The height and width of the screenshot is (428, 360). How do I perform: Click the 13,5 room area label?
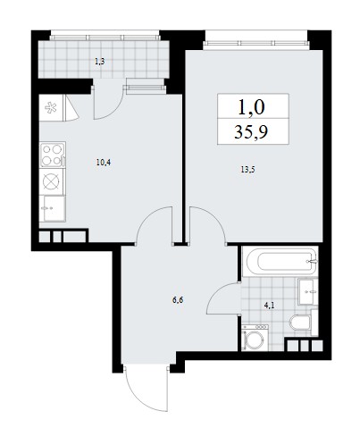pos(247,170)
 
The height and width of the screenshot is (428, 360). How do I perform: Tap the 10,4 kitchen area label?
pos(104,163)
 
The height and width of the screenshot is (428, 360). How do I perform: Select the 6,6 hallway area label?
pos(177,299)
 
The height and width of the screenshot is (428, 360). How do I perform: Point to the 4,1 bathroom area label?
pos(269,306)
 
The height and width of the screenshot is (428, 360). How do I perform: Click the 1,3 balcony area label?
pos(100,62)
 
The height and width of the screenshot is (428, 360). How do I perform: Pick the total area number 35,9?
pos(251,131)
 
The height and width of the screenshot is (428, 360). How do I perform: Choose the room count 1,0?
pos(251,107)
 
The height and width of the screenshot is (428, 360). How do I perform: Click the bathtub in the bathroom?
pos(280,261)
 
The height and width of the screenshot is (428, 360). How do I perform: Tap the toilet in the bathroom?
pos(300,323)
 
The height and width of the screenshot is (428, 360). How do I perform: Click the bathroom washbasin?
pos(306,291)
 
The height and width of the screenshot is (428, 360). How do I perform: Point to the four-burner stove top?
pos(53,155)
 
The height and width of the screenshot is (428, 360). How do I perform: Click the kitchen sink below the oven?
pos(54,208)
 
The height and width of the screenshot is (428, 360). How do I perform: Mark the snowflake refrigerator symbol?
pos(51,107)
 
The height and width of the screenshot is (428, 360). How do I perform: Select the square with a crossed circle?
pos(51,180)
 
